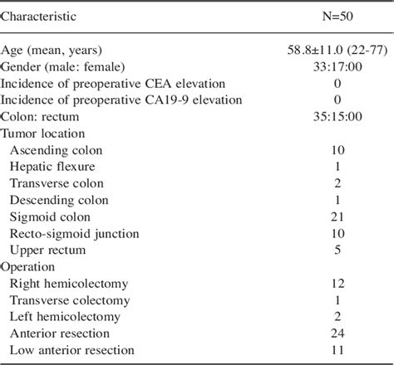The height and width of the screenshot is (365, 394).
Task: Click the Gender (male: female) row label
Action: (70, 66)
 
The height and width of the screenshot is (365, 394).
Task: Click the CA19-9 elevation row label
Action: (111, 100)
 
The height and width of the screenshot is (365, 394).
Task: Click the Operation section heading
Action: (29, 266)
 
